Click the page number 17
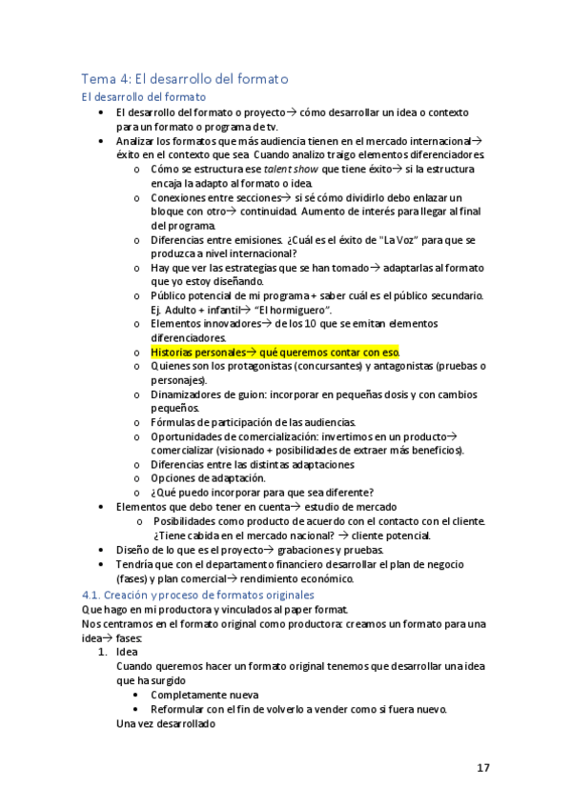pyautogui.click(x=484, y=767)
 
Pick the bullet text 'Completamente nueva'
pyautogui.click(x=204, y=695)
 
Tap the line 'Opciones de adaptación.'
pyautogui.click(x=208, y=478)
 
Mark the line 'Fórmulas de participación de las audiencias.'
pyautogui.click(x=253, y=422)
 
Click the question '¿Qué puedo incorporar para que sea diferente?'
pyautogui.click(x=261, y=493)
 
